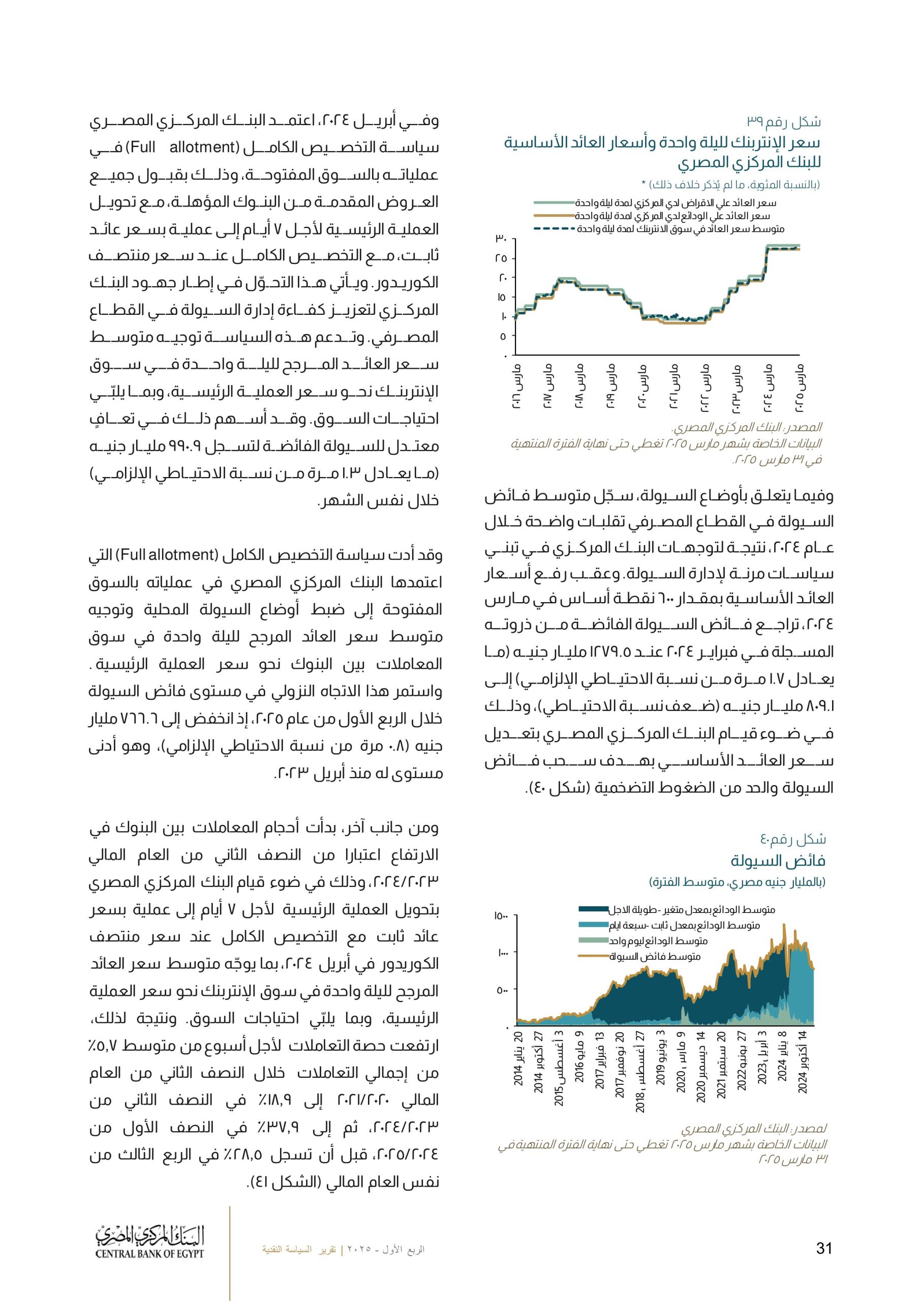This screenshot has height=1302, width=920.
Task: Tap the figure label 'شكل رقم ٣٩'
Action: coord(783,122)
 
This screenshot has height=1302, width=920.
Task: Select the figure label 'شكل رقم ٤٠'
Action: coord(792,839)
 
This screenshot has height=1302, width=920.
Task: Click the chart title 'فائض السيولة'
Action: coord(777,861)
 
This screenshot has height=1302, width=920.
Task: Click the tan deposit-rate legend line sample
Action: coord(554,216)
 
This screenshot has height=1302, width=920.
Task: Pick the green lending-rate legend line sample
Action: coord(554,203)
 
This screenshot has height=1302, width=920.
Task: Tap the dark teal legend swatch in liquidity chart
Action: coord(593,909)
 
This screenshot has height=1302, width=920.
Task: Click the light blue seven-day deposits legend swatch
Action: coord(593,926)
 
